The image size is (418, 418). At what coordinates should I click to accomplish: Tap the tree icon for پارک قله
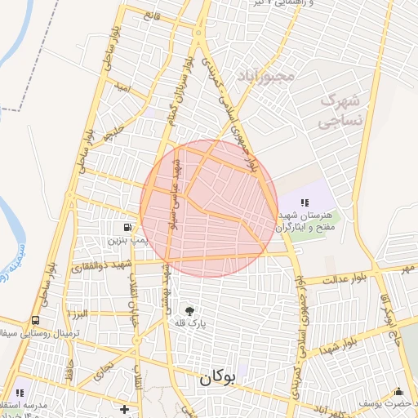pyautogui.click(x=191, y=310)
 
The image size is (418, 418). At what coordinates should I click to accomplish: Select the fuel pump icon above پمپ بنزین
pyautogui.click(x=127, y=227)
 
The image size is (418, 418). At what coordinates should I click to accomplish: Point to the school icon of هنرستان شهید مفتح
pyautogui.click(x=305, y=202)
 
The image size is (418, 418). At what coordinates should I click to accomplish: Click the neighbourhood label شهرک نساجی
pyautogui.click(x=332, y=112)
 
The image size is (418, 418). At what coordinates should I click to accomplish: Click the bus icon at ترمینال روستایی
pyautogui.click(x=35, y=321)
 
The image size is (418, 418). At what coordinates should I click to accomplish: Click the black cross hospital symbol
pyautogui.click(x=124, y=408)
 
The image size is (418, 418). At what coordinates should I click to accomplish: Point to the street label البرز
pyautogui.click(x=78, y=313)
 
